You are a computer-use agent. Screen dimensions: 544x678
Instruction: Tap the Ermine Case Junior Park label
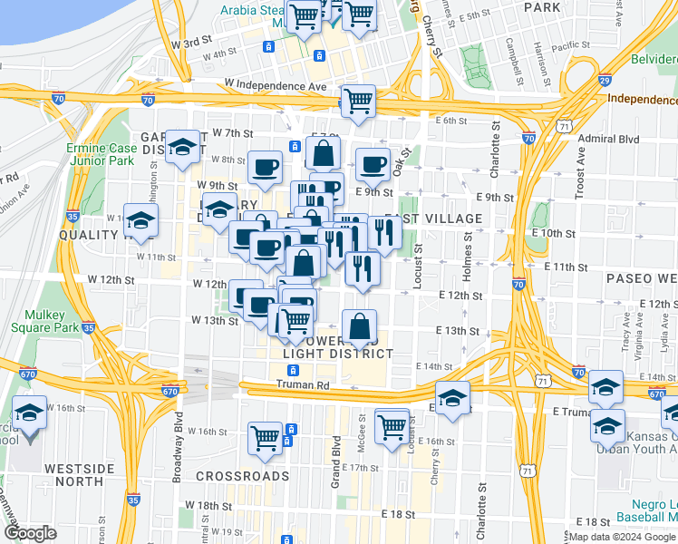coord(100,155)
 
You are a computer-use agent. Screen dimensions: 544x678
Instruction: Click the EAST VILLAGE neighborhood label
coord(433,219)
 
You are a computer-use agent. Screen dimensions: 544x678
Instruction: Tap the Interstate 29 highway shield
coord(605,82)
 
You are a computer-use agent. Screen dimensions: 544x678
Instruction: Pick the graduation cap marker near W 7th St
coord(183,147)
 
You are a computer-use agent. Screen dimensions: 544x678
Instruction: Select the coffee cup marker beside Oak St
coord(373,165)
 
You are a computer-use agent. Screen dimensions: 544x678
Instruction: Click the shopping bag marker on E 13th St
coord(360,326)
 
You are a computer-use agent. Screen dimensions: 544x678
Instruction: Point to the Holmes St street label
coord(469,255)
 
